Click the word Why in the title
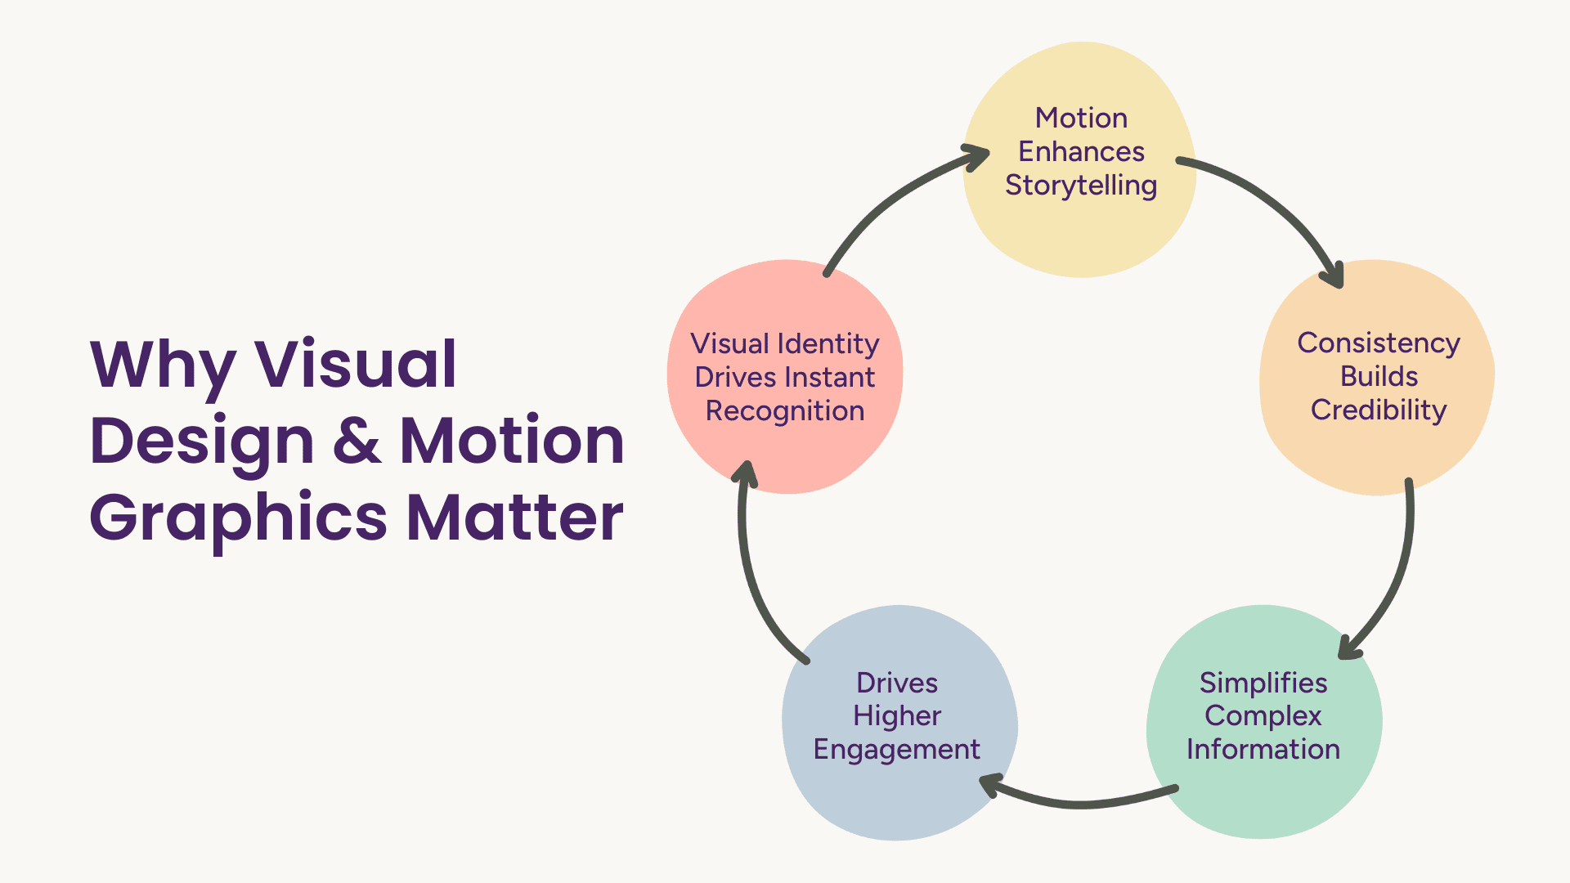[163, 365]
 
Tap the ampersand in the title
[357, 441]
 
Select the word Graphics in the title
[238, 518]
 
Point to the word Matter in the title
[515, 517]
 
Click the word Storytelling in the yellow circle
[1081, 186]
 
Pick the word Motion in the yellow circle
[1081, 118]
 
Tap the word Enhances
[1081, 151]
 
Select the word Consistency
[1379, 343]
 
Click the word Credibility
[1379, 410]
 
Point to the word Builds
[1379, 376]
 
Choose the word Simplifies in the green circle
[1263, 682]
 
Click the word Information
[1263, 749]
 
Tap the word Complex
[1263, 715]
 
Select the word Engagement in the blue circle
[897, 749]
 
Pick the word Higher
[897, 715]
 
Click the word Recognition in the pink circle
[785, 410]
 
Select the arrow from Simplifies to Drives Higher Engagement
[1079, 803]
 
